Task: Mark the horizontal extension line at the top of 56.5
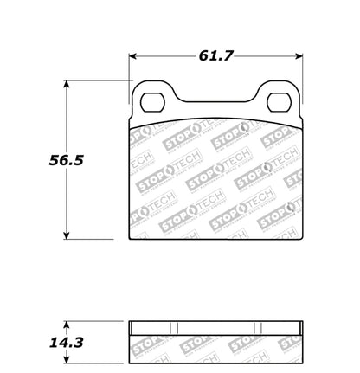95,82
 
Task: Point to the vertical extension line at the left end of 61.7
129,69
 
